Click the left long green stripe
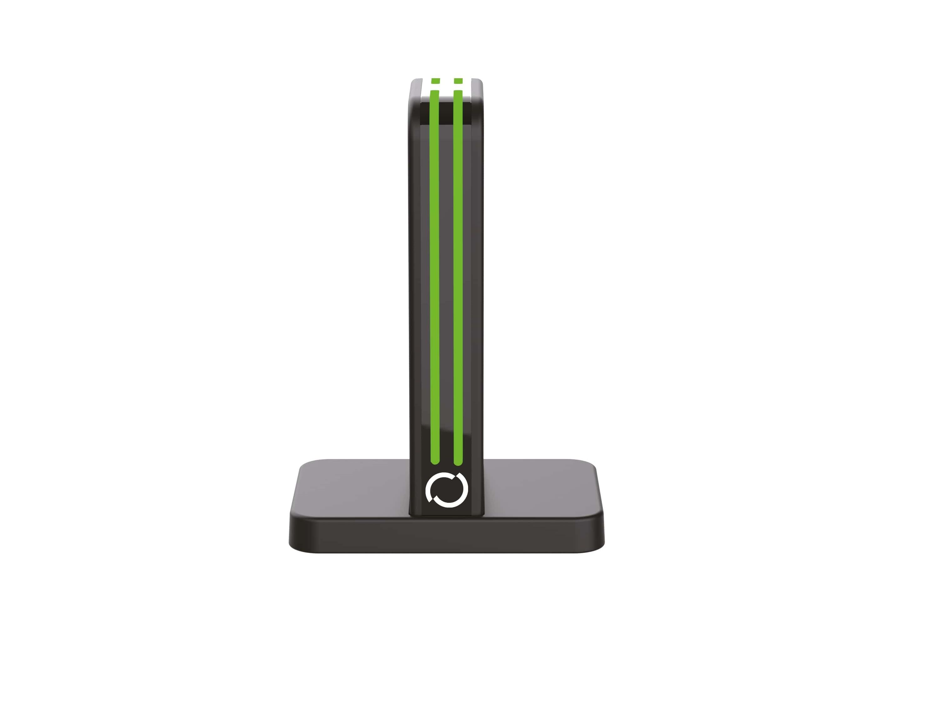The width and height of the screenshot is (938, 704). pyautogui.click(x=435, y=276)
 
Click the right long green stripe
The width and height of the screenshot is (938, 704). pyautogui.click(x=458, y=276)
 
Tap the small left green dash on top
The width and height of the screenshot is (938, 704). pyautogui.click(x=435, y=81)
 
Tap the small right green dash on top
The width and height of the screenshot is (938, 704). pyautogui.click(x=458, y=81)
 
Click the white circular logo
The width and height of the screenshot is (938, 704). pyautogui.click(x=446, y=489)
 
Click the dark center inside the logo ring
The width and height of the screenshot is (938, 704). pyautogui.click(x=446, y=490)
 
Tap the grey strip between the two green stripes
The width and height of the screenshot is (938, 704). pyautogui.click(x=446, y=276)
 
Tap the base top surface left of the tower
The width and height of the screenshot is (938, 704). pyautogui.click(x=352, y=488)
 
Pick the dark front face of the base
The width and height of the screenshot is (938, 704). pyautogui.click(x=446, y=537)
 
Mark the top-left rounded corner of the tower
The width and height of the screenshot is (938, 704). pyautogui.click(x=413, y=85)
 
